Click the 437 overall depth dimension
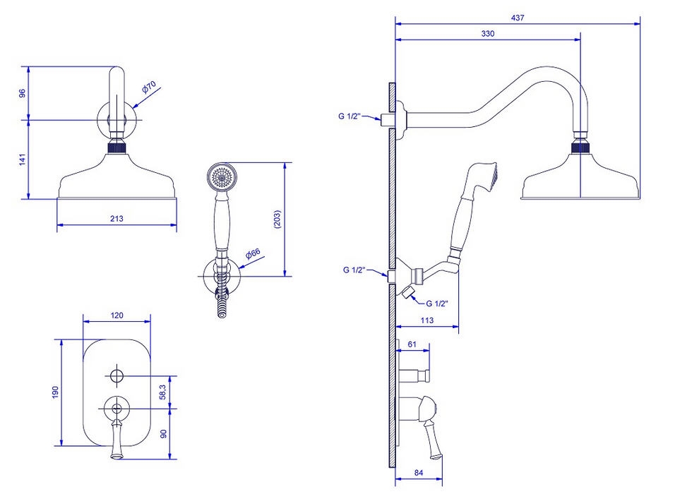click(518, 18)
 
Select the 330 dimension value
click(488, 34)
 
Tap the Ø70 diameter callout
click(148, 88)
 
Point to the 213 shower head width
click(117, 219)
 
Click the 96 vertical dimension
click(22, 93)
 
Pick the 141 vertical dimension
click(22, 159)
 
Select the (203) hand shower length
click(277, 220)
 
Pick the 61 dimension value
click(413, 344)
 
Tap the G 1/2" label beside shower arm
click(350, 116)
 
